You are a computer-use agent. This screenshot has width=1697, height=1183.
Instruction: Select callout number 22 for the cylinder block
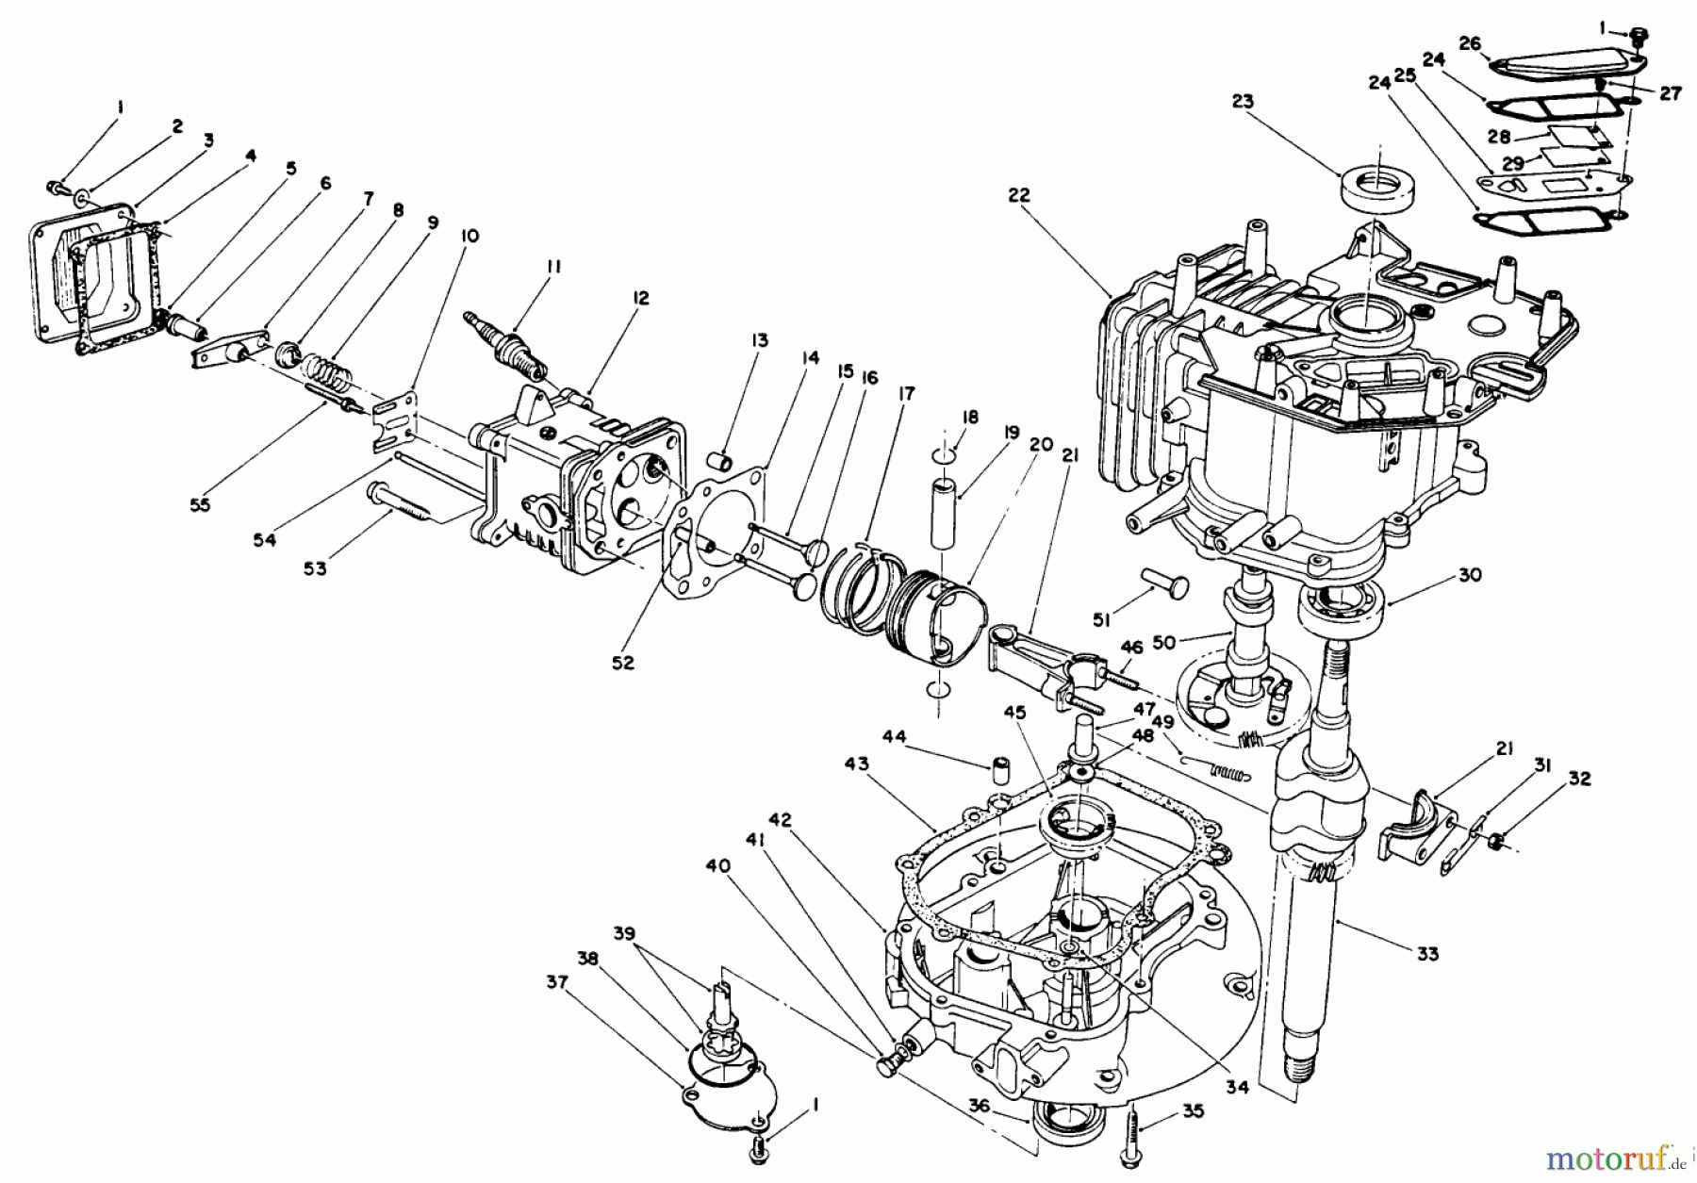tap(1019, 195)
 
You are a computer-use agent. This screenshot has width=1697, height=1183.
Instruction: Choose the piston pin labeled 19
tap(946, 514)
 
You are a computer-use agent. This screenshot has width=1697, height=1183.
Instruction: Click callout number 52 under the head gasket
tap(622, 663)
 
